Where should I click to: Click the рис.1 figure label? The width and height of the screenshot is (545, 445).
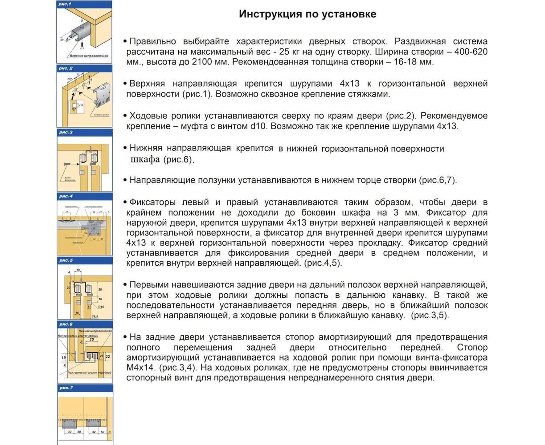pos(65,4)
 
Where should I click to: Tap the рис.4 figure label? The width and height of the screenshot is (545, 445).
pos(65,196)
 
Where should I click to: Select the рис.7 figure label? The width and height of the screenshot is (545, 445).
pos(65,388)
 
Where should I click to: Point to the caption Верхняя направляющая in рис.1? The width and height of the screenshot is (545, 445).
pos(89,57)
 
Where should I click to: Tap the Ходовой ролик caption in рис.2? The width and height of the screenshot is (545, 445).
pos(101,115)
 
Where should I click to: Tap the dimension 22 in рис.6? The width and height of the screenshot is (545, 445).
pos(107,356)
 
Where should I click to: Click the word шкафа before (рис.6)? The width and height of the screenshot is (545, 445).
pos(145,160)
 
